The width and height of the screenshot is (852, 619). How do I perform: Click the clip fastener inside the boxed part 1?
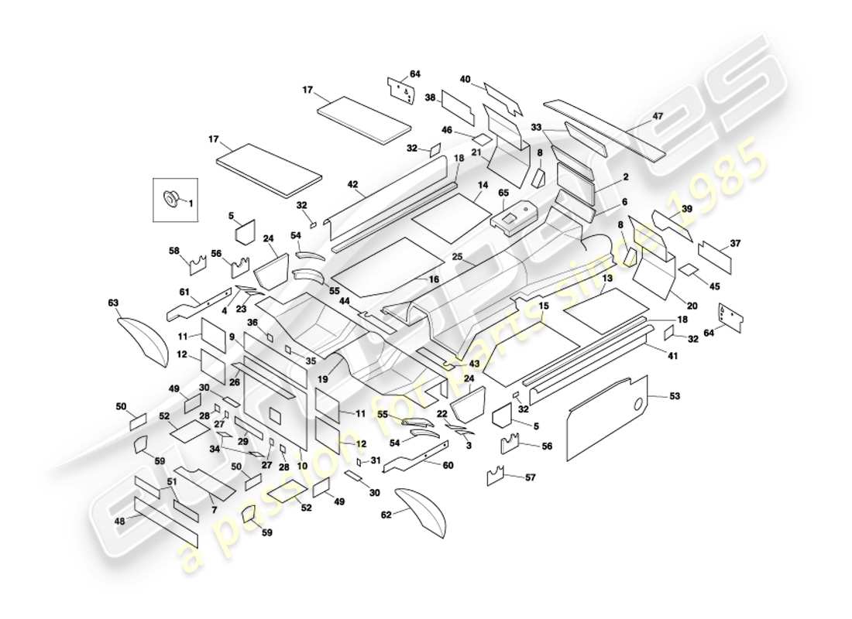point(170,199)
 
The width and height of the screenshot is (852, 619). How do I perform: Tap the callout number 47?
point(658,116)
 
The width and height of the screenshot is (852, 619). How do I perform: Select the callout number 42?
point(352,185)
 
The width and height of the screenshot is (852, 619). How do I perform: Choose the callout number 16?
point(434,279)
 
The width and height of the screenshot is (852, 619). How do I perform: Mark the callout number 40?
point(465,79)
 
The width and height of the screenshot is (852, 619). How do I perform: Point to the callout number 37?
point(735,244)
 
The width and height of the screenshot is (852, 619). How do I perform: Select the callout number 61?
point(184,292)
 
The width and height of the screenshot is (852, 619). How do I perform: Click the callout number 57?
point(530,477)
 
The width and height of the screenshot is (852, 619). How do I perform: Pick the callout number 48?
point(119,521)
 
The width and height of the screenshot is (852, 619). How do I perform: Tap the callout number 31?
point(376,460)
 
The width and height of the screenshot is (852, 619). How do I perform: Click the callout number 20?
point(692,306)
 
